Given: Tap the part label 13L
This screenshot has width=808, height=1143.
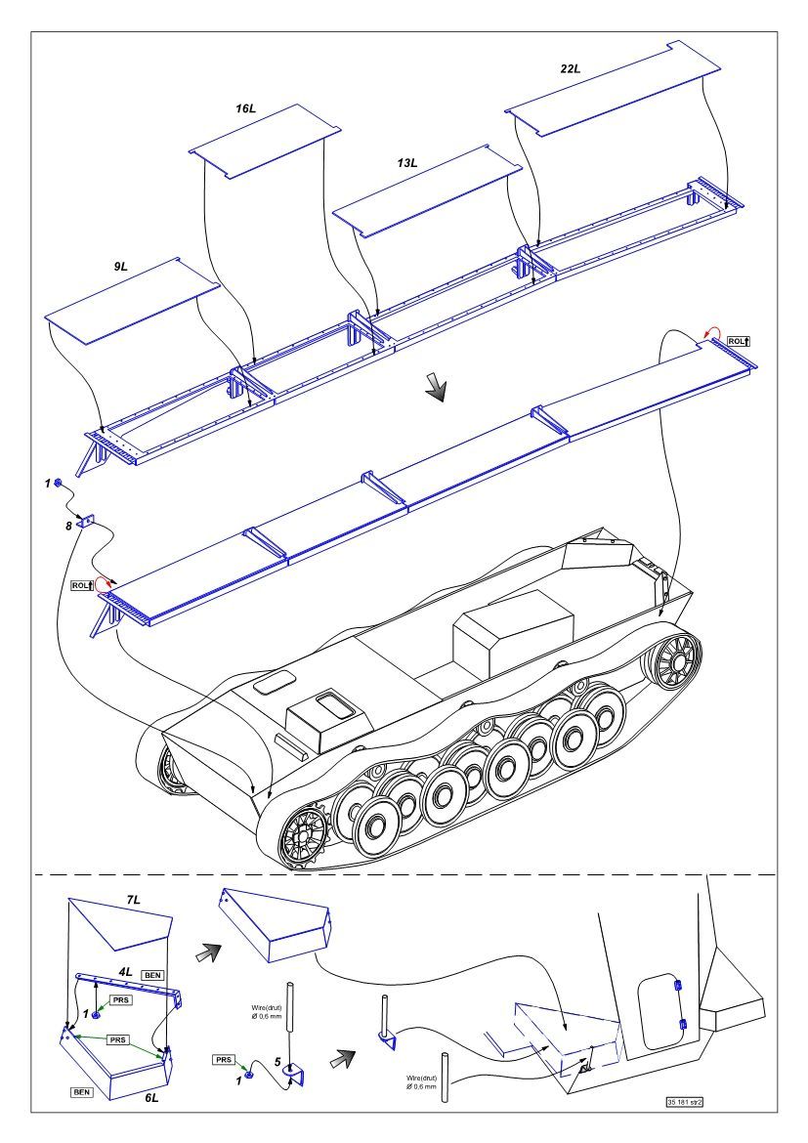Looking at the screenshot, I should pyautogui.click(x=406, y=162).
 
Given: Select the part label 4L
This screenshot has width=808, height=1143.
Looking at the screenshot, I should pyautogui.click(x=126, y=973).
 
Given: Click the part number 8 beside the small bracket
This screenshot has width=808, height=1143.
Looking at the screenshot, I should pyautogui.click(x=67, y=526).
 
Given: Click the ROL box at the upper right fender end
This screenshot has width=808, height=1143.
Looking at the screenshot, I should pyautogui.click(x=739, y=341).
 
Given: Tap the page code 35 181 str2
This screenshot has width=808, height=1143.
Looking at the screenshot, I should pyautogui.click(x=685, y=1101).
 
